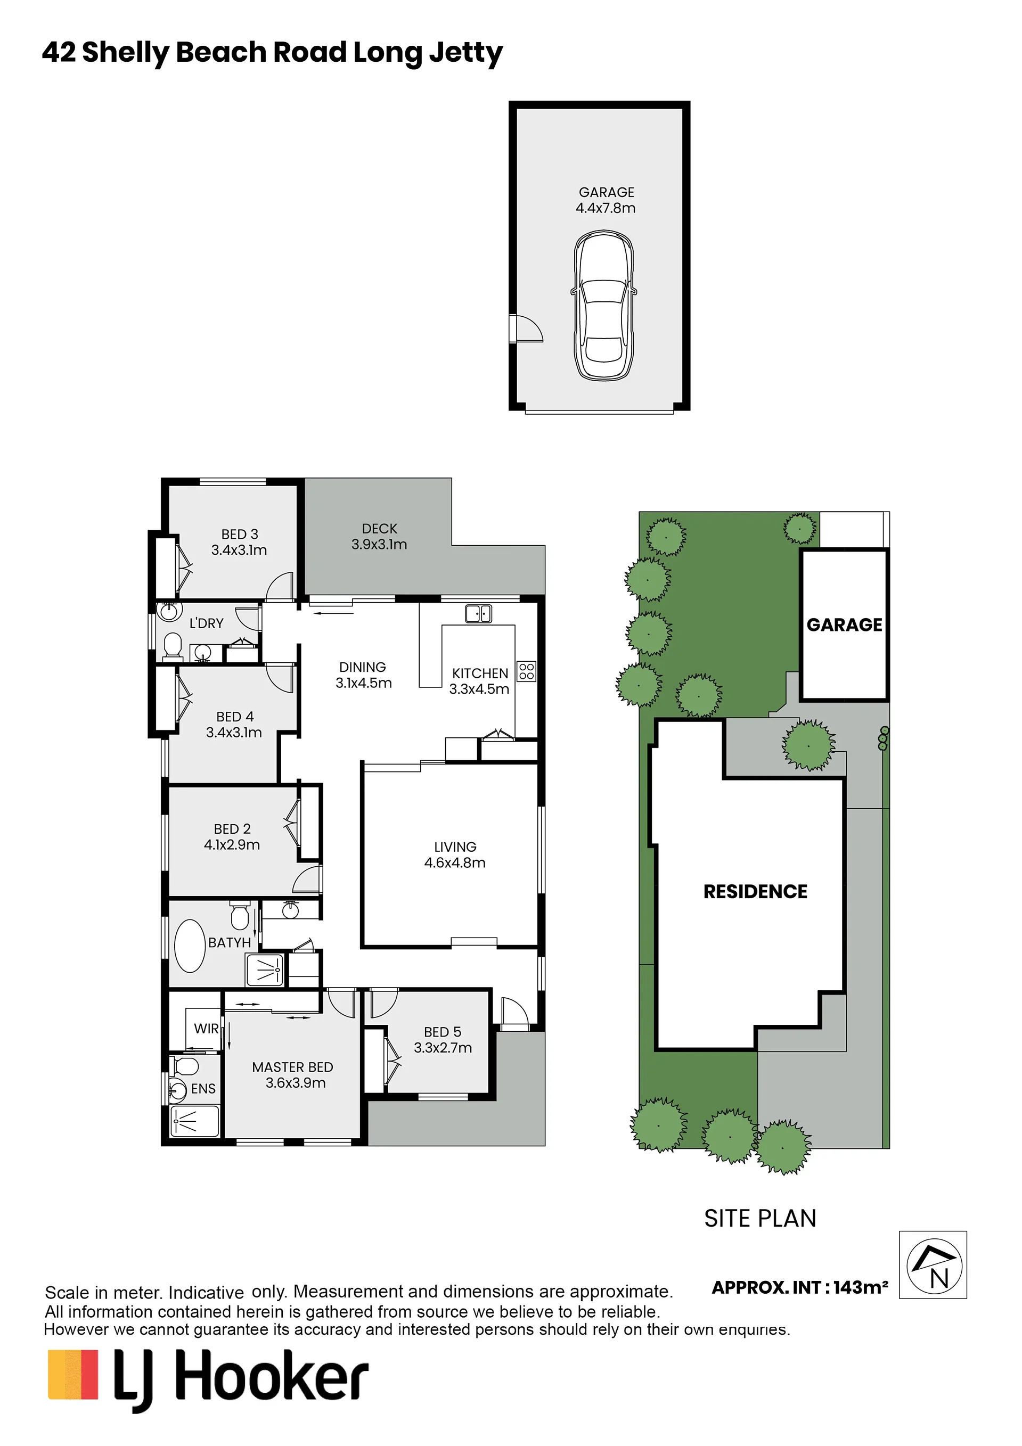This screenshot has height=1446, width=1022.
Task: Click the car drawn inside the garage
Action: (x=603, y=306)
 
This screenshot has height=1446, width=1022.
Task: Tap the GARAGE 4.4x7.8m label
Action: (x=606, y=200)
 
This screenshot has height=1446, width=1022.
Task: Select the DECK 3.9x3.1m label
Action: (x=379, y=537)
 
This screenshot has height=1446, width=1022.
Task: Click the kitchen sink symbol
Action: (x=478, y=613)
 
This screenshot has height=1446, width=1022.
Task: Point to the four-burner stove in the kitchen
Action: (x=527, y=671)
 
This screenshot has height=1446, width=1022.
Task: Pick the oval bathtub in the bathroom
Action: (x=190, y=947)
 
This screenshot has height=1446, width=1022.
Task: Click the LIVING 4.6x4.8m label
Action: (x=455, y=855)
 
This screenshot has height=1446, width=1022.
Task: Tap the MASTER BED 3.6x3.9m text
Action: (x=293, y=1075)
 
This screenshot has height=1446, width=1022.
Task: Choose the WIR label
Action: (x=206, y=1029)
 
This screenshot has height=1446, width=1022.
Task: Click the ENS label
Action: (x=203, y=1089)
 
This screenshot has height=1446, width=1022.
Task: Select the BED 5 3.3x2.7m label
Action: (x=443, y=1040)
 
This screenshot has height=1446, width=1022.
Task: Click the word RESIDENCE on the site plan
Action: (x=756, y=892)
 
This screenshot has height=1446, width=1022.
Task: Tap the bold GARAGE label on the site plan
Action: (x=845, y=625)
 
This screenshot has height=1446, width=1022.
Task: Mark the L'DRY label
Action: (x=207, y=623)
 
